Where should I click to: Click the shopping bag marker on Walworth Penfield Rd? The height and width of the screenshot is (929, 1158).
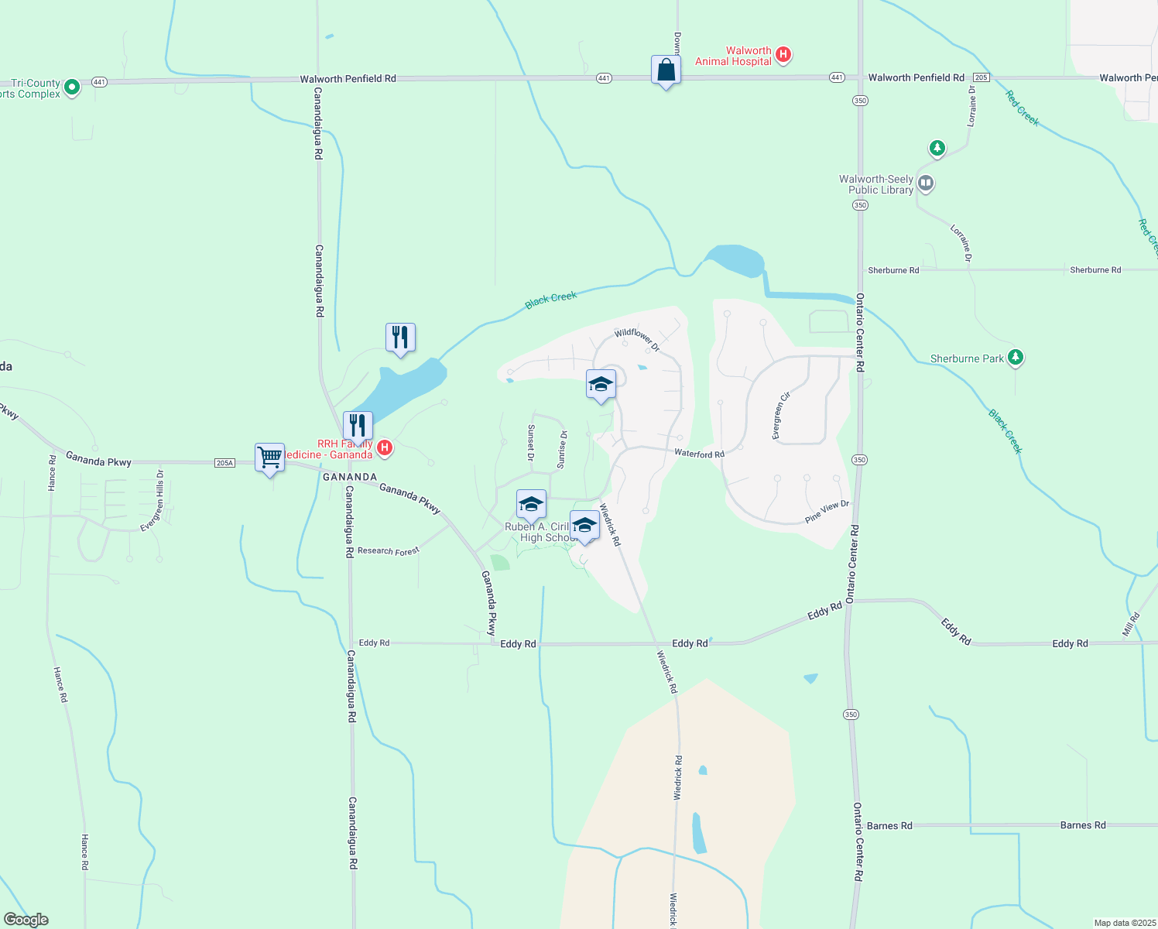point(666,71)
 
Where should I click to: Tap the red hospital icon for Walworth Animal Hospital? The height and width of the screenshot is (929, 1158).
point(783,54)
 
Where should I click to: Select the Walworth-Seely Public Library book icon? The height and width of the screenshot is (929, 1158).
point(926,183)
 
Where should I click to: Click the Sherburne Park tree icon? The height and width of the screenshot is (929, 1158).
point(1016,357)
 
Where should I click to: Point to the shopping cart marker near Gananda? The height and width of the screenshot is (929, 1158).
point(269,458)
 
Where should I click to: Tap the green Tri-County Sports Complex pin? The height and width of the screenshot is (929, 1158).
point(71,87)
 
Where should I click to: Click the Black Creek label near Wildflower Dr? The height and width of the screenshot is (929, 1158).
point(550,300)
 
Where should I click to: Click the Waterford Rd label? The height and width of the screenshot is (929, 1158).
point(699,454)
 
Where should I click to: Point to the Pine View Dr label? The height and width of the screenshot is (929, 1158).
point(827,512)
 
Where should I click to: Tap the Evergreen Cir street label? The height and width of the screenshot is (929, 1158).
point(781,416)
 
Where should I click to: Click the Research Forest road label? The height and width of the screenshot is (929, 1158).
point(388,551)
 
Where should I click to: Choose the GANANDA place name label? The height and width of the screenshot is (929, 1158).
point(350,477)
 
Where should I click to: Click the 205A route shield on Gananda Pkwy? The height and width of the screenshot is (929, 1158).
point(224,463)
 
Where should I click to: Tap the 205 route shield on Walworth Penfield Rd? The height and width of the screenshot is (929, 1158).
point(981,77)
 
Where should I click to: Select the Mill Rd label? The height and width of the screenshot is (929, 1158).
point(1131,624)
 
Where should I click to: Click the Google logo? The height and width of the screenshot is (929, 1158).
point(26,919)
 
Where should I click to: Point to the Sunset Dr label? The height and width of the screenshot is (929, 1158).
point(531,443)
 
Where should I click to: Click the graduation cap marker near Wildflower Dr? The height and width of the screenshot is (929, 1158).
point(601,385)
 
